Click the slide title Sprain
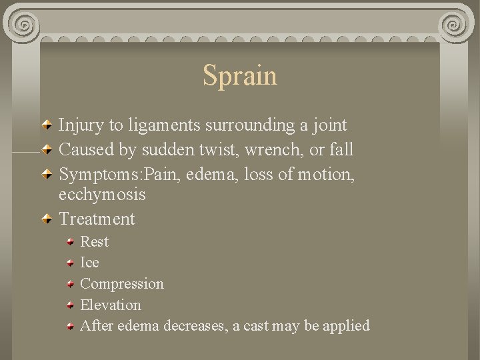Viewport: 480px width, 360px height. [x=240, y=75]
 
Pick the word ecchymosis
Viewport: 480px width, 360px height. [x=102, y=195]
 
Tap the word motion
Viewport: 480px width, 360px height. [x=326, y=175]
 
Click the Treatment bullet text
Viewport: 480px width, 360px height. [x=97, y=219]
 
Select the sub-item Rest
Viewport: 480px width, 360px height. [x=94, y=241]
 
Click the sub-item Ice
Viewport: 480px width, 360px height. [x=89, y=263]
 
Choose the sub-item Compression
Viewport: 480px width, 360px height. [x=121, y=284]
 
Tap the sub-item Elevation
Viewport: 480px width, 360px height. [x=111, y=305]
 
